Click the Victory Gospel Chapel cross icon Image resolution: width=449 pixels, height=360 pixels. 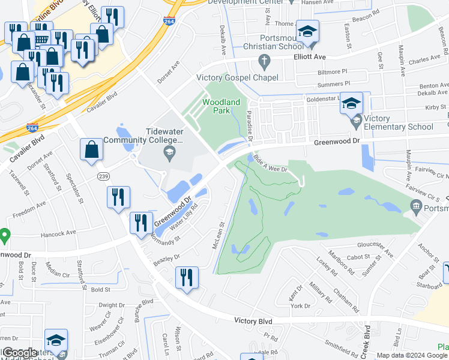point(263,60)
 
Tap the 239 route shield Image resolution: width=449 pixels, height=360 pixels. point(103,176)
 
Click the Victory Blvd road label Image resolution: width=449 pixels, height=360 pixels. point(253,322)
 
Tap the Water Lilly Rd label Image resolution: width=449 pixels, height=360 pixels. point(184,219)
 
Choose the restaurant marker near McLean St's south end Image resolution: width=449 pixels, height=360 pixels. point(187,278)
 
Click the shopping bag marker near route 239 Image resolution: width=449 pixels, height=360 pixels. point(91,151)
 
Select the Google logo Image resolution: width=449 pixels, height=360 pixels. point(20,353)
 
